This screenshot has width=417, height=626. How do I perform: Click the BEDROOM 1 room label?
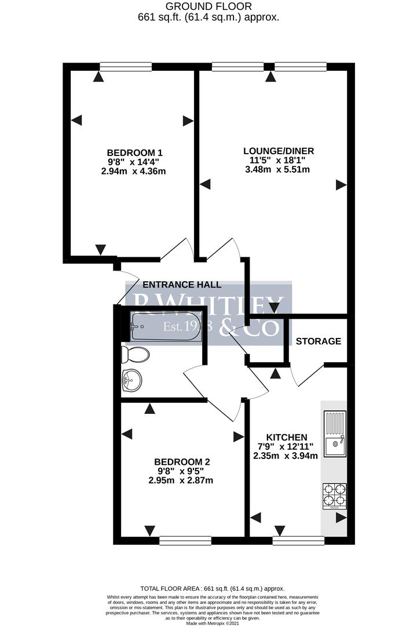pyautogui.click(x=131, y=153)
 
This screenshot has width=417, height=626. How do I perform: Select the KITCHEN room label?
pyautogui.click(x=286, y=437)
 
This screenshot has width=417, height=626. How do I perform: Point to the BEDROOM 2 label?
pyautogui.click(x=181, y=462)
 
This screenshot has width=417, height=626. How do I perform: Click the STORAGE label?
pyautogui.click(x=319, y=341)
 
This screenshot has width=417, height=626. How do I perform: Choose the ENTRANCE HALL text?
pyautogui.click(x=182, y=285)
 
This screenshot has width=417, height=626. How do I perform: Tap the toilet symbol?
pyautogui.click(x=137, y=354)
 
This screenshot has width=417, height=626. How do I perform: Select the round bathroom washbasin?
pyautogui.click(x=132, y=381)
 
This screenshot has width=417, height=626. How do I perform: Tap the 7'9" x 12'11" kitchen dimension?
pyautogui.click(x=286, y=446)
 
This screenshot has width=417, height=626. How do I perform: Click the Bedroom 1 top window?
pyautogui.click(x=126, y=66)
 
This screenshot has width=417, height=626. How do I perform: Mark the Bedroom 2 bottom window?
pyautogui.click(x=185, y=540)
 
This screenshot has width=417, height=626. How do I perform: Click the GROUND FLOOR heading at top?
pyautogui.click(x=209, y=6)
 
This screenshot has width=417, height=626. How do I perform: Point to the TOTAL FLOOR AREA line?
pyautogui.click(x=209, y=588)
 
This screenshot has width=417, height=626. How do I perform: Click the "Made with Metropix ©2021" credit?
pyautogui.click(x=209, y=623)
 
